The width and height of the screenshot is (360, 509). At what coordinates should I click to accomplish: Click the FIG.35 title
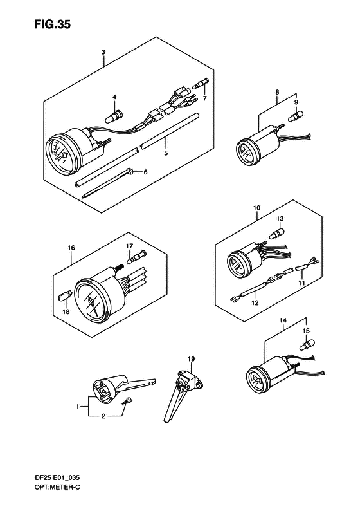pos(52,24)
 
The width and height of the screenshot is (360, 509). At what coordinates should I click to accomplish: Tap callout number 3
pos(103,52)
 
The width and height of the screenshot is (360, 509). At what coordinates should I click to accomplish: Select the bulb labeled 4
pos(114,116)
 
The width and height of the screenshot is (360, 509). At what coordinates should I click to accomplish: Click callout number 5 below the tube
pos(166,153)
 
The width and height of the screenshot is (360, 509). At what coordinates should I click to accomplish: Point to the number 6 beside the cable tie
pos(145,172)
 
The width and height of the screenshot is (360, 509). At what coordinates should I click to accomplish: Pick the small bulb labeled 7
pos(201,84)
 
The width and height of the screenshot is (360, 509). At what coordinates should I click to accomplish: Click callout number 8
pos(277,92)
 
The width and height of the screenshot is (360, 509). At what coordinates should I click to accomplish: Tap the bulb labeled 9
pos(296,115)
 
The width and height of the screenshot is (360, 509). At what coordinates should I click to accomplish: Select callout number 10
pos(256,208)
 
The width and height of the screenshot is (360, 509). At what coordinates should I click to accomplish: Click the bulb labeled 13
pos(277,233)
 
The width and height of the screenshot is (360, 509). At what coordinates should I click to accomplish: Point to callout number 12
pos(255,303)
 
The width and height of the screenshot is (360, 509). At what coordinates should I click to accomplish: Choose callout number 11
pos(301,283)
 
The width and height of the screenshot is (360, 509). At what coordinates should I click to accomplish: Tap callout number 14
pos(283,320)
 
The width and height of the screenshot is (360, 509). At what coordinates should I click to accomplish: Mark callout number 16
pos(71,248)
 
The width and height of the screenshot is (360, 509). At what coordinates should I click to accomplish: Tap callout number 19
pos(191,359)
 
